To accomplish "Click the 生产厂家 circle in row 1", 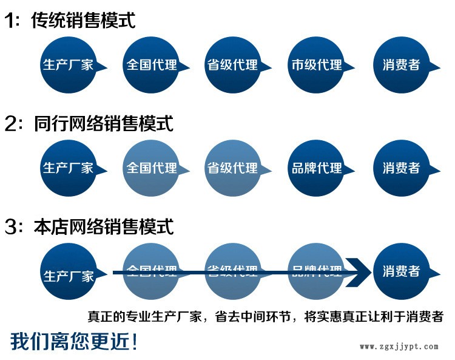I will (69, 65).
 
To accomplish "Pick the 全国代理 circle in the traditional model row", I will (151, 65).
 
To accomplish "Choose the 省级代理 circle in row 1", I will (233, 65).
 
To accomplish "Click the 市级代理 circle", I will (316, 65).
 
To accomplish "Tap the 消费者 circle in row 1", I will (400, 65).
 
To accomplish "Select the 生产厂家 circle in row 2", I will (69, 168).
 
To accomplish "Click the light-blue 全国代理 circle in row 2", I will (151, 168).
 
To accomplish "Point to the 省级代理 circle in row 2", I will (233, 168).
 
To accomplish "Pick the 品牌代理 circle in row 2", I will (316, 168).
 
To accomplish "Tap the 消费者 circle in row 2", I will (400, 168).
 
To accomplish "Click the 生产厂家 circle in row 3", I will (69, 271).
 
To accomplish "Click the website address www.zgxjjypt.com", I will (399, 347).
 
